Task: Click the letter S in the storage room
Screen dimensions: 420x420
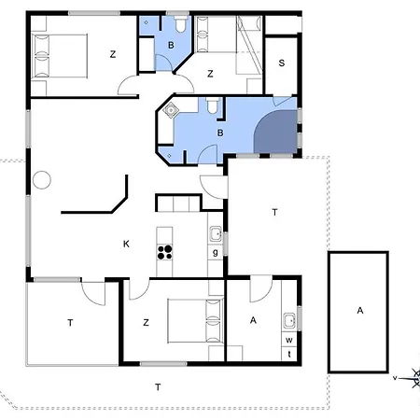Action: click(282, 63)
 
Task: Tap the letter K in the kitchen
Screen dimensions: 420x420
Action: click(126, 244)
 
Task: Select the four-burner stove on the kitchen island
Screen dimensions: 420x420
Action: click(164, 252)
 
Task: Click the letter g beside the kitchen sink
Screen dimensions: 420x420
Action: click(216, 252)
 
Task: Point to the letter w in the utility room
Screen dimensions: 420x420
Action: click(289, 340)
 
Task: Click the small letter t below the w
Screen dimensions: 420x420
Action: click(289, 354)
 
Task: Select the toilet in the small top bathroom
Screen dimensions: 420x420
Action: click(181, 24)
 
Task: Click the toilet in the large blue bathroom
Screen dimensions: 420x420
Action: click(213, 106)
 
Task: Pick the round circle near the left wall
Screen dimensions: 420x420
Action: click(42, 180)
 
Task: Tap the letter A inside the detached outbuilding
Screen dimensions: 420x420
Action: click(360, 311)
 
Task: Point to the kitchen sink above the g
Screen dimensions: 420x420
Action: click(216, 234)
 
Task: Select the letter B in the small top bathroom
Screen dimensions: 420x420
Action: click(171, 46)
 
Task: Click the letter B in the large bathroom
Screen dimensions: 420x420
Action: click(220, 133)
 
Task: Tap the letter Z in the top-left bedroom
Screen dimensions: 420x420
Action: click(113, 54)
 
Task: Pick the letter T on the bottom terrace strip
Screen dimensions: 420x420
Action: click(158, 387)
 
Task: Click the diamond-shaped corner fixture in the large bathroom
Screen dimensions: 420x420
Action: click(171, 110)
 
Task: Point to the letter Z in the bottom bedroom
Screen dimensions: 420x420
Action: click(146, 323)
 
